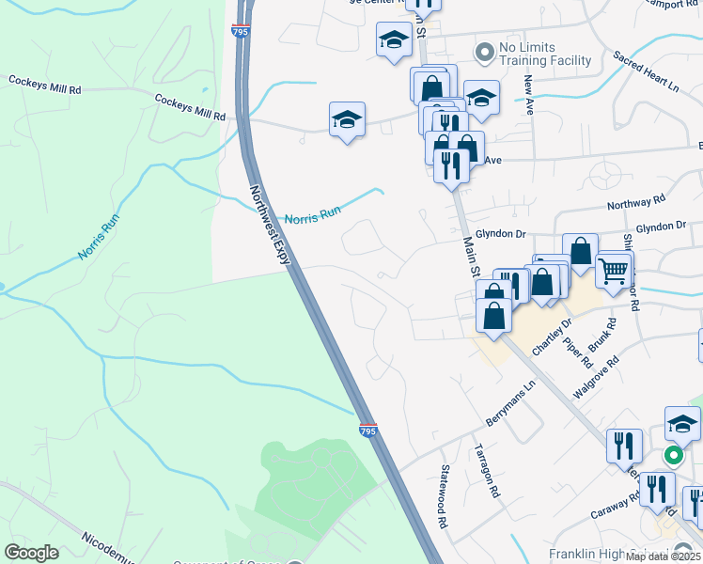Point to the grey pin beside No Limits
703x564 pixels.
(x=485, y=53)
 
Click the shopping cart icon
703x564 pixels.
(x=614, y=272)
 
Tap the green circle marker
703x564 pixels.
(x=674, y=455)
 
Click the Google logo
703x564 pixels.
(x=32, y=552)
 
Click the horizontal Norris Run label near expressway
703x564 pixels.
(x=312, y=215)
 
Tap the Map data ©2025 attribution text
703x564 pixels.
(x=662, y=556)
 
